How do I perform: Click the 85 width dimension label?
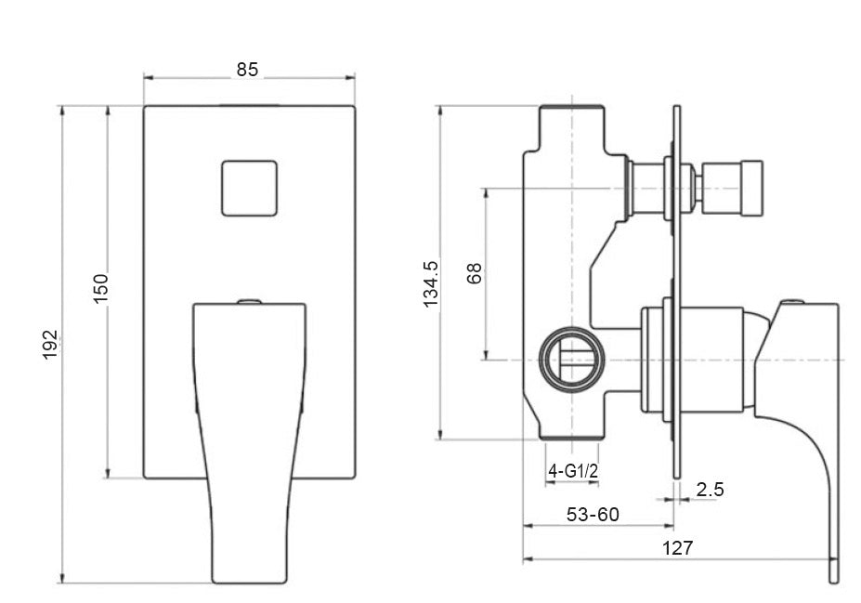[247, 70]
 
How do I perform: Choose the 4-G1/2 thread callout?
[572, 472]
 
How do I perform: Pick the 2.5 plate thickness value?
[710, 490]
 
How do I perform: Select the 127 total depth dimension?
[678, 548]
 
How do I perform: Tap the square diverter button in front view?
[249, 189]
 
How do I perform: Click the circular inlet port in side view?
[570, 359]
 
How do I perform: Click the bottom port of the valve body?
[573, 429]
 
